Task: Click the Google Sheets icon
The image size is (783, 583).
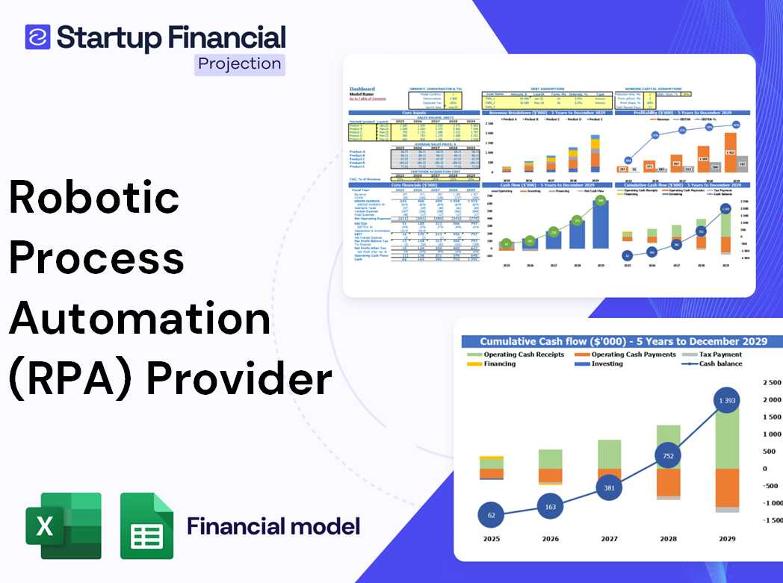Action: point(146,526)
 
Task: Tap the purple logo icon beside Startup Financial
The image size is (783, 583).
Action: point(37,37)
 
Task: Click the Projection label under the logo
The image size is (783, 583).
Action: point(240,63)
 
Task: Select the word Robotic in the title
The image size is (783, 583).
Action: point(94,199)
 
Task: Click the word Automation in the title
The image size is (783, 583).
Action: point(140,318)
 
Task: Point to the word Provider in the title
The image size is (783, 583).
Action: point(238,378)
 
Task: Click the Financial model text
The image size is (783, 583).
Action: point(273,526)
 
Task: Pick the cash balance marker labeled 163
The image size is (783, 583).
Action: point(551,506)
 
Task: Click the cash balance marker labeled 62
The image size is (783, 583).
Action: point(491,514)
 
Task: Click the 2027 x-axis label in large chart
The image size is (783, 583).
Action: point(610,538)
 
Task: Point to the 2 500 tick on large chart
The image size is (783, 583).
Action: point(770,383)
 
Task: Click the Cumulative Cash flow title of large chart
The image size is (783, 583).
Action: point(623,341)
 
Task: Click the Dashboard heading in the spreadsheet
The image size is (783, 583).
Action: point(362,89)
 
